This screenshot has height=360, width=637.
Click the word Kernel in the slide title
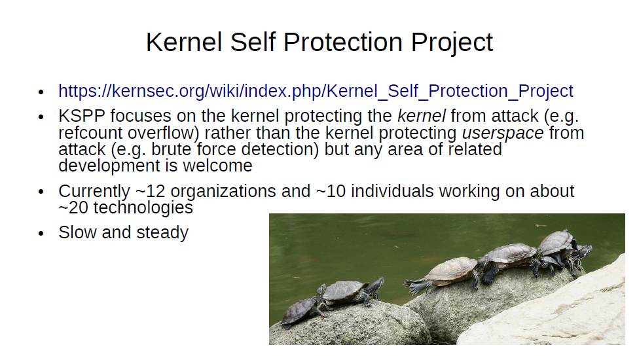coord(184,42)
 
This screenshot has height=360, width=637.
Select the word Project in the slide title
coord(452,43)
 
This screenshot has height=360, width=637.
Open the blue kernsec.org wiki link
coord(316,91)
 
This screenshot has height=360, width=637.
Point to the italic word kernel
coord(421,116)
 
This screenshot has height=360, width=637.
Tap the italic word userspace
coord(503,134)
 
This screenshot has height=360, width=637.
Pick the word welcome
coord(217,166)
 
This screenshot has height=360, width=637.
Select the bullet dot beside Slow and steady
coord(41,233)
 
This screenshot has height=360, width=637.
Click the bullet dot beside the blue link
coord(41,92)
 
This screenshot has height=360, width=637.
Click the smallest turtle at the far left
coord(300,312)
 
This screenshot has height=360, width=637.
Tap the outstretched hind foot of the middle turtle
coord(416,287)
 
